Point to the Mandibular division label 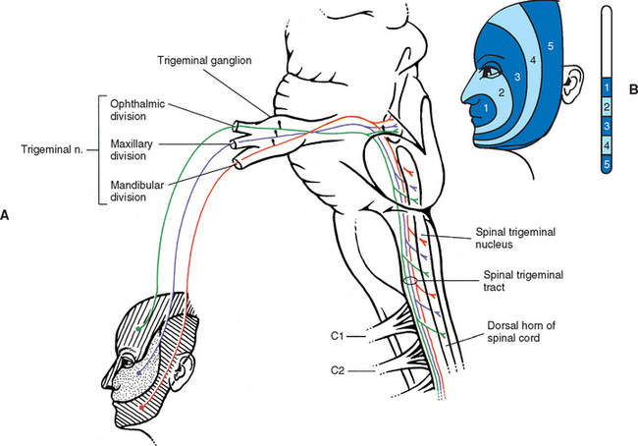(138, 188)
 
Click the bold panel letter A (8, 212)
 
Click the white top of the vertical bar (607, 39)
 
